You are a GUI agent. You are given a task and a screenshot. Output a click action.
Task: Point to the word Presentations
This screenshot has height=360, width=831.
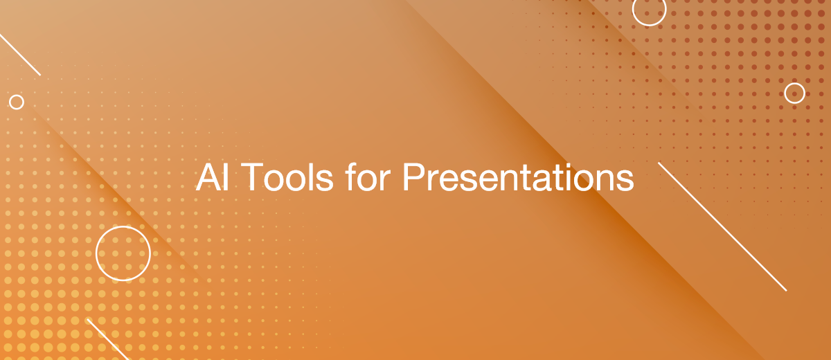(518, 179)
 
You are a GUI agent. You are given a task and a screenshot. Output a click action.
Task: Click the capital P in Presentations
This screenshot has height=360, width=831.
(413, 179)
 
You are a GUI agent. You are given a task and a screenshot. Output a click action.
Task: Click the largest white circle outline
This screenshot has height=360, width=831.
(123, 253)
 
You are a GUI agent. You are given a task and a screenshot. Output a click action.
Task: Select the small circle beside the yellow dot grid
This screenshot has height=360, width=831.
(17, 102)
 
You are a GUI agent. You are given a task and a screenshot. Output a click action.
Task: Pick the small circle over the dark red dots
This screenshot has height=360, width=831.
(794, 93)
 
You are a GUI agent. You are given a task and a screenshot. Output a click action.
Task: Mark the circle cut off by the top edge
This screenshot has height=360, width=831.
(649, 10)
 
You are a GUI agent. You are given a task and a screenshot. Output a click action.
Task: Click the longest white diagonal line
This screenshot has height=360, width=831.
(722, 226)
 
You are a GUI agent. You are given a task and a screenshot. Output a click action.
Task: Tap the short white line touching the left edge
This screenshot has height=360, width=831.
(20, 54)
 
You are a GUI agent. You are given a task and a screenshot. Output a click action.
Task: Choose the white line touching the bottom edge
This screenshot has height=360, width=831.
(107, 339)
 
